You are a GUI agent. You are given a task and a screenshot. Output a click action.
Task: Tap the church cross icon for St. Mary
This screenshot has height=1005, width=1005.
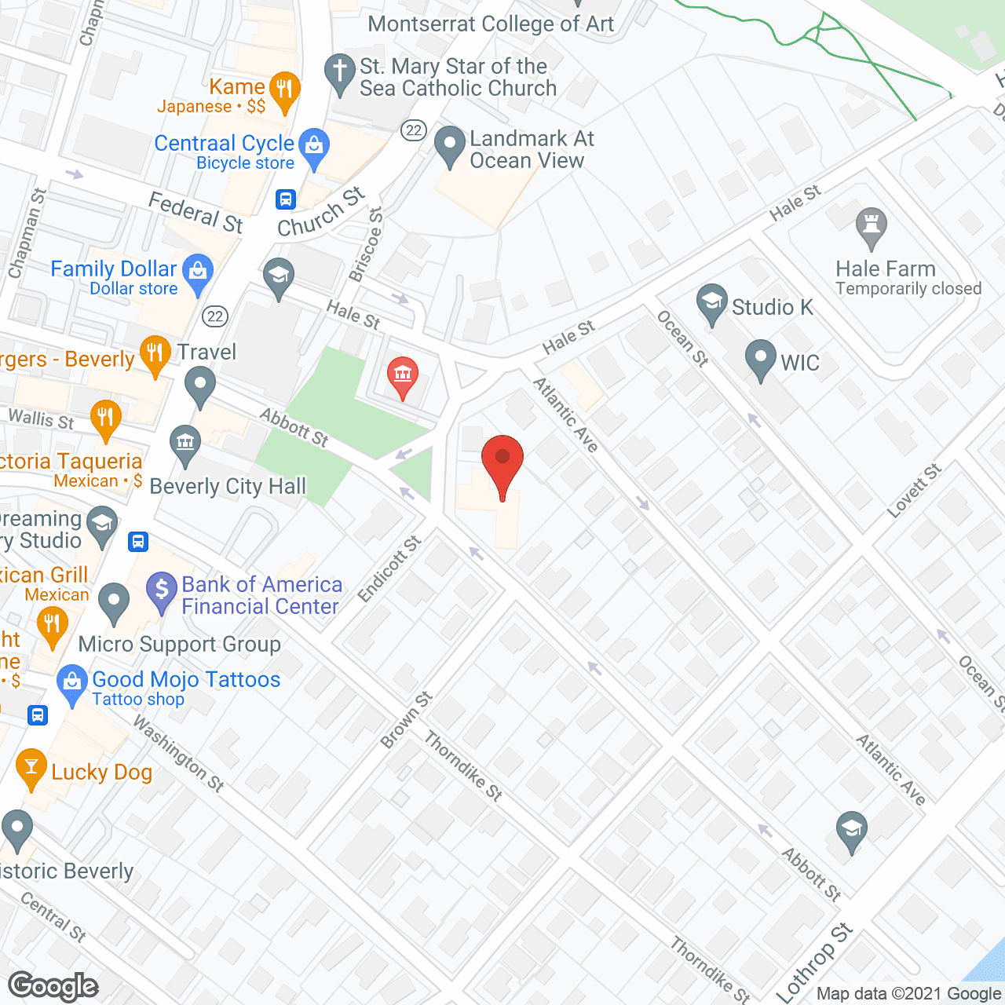pyautogui.click(x=340, y=72)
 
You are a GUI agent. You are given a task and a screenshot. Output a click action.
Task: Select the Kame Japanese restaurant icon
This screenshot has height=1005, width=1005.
pyautogui.click(x=284, y=90)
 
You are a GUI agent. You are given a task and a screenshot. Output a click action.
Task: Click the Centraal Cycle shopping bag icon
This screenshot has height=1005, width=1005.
pyautogui.click(x=314, y=146)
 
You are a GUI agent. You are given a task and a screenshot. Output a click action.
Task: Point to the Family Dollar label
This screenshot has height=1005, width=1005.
pyautogui.click(x=114, y=269)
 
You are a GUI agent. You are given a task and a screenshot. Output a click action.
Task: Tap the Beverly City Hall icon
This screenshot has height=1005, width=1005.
pyautogui.click(x=185, y=442)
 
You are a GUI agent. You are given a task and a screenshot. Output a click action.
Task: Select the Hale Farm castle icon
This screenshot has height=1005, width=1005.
pyautogui.click(x=871, y=225)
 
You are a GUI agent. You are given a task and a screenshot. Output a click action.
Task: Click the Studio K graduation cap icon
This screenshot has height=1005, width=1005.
pyautogui.click(x=711, y=302)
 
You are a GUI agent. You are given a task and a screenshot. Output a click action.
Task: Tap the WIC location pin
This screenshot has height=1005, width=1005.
pyautogui.click(x=760, y=357)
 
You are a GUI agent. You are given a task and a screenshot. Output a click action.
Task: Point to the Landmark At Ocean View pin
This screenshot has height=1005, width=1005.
pyautogui.click(x=450, y=144)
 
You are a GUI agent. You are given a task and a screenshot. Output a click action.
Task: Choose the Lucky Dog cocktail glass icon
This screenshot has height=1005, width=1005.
pyautogui.click(x=31, y=767)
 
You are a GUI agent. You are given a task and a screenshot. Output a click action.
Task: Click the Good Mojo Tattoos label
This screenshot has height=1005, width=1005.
pyautogui.click(x=186, y=680)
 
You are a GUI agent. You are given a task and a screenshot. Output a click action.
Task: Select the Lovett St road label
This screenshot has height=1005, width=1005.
pyautogui.click(x=914, y=491)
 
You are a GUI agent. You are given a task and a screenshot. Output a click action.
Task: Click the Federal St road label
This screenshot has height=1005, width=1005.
pyautogui.click(x=196, y=212)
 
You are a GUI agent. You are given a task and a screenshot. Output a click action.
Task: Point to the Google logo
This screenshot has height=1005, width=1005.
pyautogui.click(x=53, y=986)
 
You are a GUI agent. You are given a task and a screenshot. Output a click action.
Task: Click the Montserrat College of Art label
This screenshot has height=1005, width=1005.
pyautogui.click(x=491, y=24)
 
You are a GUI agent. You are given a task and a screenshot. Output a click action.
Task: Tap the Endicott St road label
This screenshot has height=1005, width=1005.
pyautogui.click(x=389, y=568)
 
